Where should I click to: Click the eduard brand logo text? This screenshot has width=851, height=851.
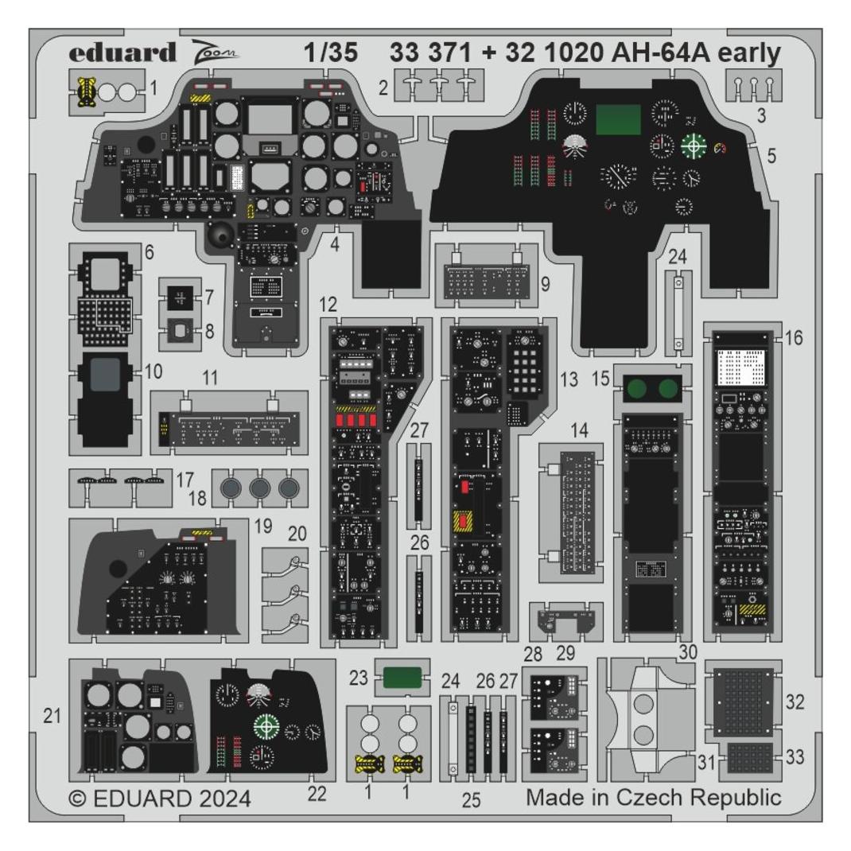point(122,52)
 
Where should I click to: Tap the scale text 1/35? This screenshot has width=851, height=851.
point(331,52)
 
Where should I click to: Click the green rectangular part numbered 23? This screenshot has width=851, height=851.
point(402,678)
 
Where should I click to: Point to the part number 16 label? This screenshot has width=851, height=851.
point(794,337)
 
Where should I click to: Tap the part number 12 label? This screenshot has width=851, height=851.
point(328,305)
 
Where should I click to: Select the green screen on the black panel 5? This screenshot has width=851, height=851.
point(618,120)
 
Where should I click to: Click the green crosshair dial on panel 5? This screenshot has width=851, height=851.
point(694,146)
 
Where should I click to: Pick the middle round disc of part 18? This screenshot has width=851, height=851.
point(259,488)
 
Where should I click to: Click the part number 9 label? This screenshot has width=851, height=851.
point(545,284)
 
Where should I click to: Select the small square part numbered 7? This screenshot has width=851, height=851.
point(181,298)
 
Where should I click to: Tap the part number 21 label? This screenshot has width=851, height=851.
point(52,716)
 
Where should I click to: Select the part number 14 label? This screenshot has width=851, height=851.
point(579,430)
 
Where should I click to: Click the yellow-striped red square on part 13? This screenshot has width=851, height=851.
point(463,522)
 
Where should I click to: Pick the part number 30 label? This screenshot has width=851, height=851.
point(688,652)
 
